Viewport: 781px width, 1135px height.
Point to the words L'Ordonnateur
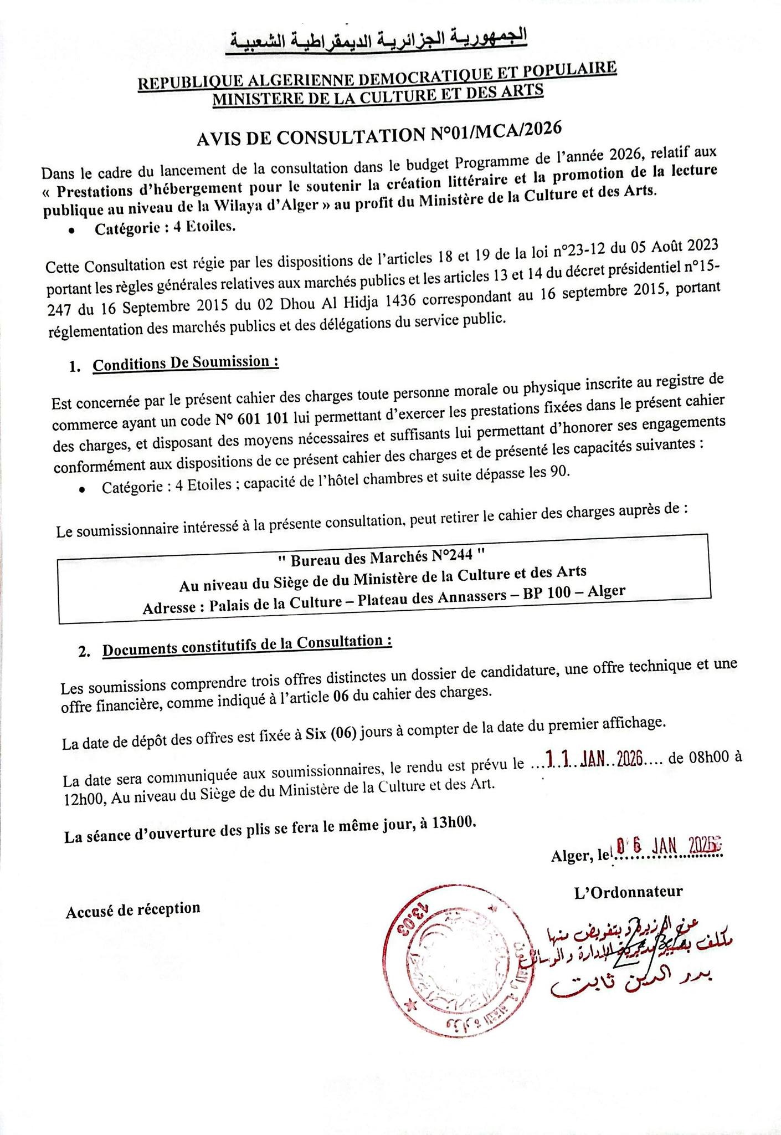pos(629,892)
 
